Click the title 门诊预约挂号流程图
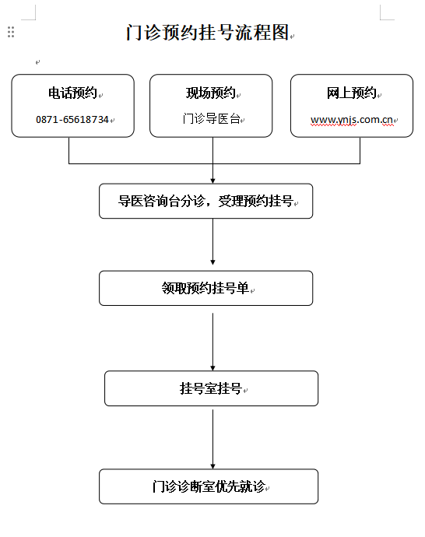[x=208, y=33]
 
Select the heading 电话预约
[x=72, y=93]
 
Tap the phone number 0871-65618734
[x=72, y=120]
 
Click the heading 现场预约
[x=211, y=93]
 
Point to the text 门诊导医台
[x=211, y=119]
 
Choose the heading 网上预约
[x=351, y=93]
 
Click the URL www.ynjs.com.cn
[x=352, y=120]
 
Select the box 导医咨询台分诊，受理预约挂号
[x=205, y=201]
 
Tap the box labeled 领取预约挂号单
[x=205, y=288]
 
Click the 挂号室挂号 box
[x=211, y=388]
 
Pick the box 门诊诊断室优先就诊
[x=209, y=486]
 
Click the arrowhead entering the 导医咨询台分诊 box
[x=212, y=181]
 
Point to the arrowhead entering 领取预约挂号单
[x=212, y=262]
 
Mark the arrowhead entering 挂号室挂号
[x=212, y=368]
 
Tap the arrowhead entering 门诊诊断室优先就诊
[x=212, y=466]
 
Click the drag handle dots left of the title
[x=11, y=32]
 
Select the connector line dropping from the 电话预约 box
[x=68, y=150]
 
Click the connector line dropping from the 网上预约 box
[x=360, y=150]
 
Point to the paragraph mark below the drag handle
[x=37, y=62]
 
